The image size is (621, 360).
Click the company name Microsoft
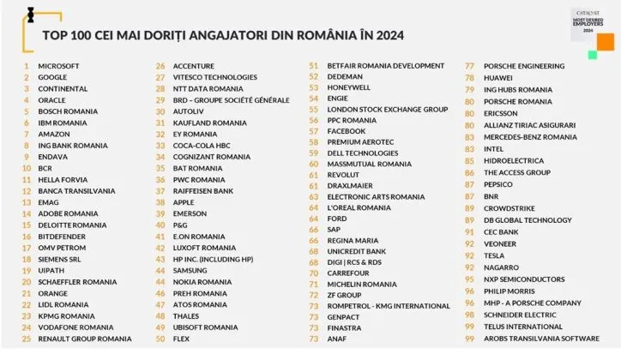coord(58,65)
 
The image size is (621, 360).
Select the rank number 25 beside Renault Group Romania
coord(26,339)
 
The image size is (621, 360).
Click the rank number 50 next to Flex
coord(160,339)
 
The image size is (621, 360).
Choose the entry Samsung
coord(190,270)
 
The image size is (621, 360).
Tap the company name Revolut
coord(343,174)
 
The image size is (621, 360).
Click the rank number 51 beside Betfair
coord(313,65)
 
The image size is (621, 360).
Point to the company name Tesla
coord(495,255)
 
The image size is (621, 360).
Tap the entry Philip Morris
coord(509,291)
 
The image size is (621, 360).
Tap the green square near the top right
coord(592,54)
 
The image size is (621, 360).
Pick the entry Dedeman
coord(345,76)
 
